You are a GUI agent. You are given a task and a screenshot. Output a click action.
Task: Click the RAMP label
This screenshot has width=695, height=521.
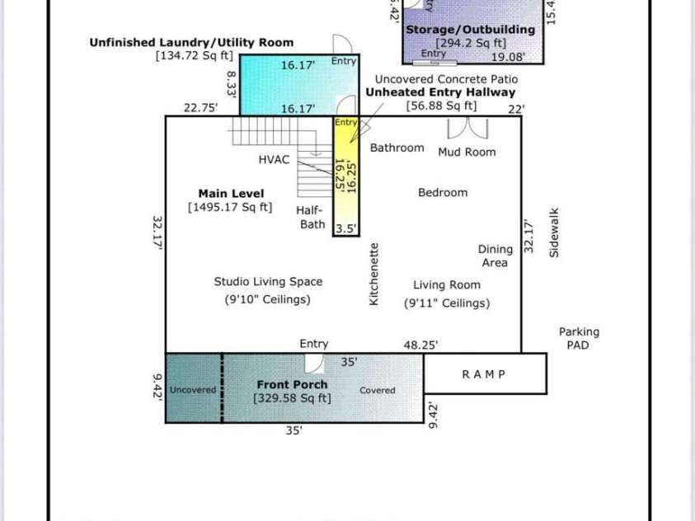(x=483, y=374)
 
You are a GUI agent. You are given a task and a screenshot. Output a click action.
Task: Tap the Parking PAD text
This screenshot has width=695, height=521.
(x=579, y=339)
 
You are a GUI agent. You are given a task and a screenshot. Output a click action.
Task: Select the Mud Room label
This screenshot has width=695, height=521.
(x=467, y=152)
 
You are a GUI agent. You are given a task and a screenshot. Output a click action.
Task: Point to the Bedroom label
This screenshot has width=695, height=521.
(x=443, y=192)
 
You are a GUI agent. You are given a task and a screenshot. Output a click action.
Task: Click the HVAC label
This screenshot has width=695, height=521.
(x=274, y=159)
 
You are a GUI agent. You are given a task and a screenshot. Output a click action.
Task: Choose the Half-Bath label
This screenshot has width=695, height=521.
(x=311, y=217)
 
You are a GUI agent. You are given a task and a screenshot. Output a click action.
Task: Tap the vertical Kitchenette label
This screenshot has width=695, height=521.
(x=373, y=275)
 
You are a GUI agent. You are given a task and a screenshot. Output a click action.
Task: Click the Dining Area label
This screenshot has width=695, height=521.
(x=495, y=256)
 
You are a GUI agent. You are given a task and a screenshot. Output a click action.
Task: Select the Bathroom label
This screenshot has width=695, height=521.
(x=397, y=148)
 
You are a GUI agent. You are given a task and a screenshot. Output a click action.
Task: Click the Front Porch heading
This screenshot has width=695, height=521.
(x=292, y=384)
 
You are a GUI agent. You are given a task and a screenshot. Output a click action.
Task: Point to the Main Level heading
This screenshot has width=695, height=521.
(x=231, y=194)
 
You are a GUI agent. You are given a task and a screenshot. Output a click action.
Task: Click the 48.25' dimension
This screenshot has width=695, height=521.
(x=420, y=345)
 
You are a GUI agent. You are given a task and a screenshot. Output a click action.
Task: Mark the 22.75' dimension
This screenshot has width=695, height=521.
(x=200, y=108)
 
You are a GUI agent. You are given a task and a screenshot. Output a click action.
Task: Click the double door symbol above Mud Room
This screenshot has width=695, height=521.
(x=467, y=128)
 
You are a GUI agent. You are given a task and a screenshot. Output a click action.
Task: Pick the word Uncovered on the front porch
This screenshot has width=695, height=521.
(x=192, y=390)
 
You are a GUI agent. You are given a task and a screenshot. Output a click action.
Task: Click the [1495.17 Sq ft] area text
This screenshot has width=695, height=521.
(x=230, y=208)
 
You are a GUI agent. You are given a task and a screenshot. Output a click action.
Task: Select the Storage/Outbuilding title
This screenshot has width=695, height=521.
(x=470, y=30)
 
